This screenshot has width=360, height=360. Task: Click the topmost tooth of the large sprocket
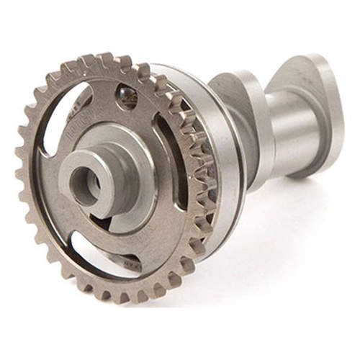tap(107, 59)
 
